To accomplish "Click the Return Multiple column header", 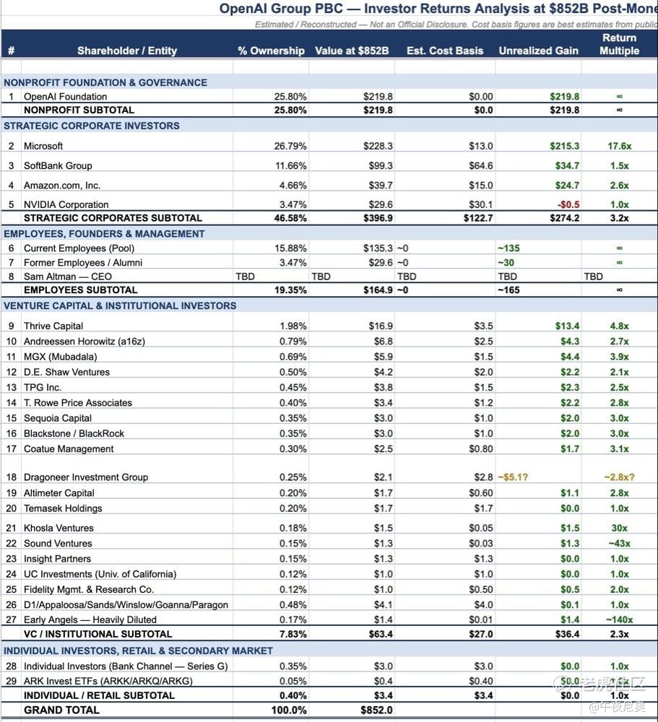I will click(619, 44).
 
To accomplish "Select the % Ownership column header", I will click(271, 51).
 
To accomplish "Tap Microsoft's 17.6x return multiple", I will click(619, 146).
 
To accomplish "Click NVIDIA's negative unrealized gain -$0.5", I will click(568, 204).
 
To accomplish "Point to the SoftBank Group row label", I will click(58, 165).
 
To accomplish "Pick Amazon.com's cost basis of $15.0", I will click(481, 186).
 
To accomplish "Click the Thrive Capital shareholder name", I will click(53, 326).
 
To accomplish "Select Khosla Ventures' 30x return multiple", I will click(619, 528).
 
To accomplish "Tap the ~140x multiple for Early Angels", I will click(619, 619).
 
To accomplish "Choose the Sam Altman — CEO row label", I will click(68, 276).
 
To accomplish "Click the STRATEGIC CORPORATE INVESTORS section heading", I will click(92, 126).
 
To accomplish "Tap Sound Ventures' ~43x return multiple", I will click(618, 543).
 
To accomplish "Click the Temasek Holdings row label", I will click(63, 508).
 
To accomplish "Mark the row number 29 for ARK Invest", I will click(11, 681).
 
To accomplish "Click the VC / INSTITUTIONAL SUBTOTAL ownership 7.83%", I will click(293, 634).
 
